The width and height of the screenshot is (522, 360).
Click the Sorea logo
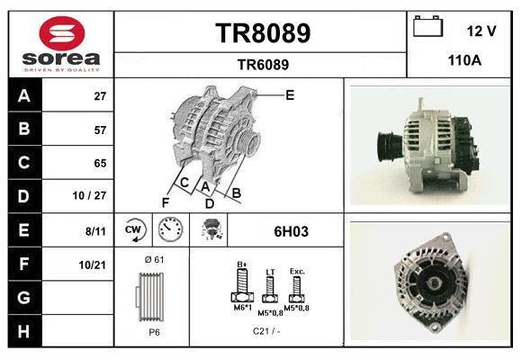click(61, 43)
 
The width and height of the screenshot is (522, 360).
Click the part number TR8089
click(263, 33)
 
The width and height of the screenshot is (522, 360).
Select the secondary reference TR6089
click(263, 64)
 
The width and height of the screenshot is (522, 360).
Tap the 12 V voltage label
click(481, 31)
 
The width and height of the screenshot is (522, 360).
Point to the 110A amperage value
click(465, 62)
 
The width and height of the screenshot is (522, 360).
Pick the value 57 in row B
click(100, 130)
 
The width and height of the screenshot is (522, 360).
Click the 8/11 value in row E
click(95, 230)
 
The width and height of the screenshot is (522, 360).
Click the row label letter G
click(23, 296)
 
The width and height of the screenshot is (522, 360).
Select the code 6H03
click(291, 231)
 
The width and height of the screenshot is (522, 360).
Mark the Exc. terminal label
click(297, 270)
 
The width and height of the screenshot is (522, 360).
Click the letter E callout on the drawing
click(290, 94)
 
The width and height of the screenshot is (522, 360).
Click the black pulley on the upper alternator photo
click(388, 144)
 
